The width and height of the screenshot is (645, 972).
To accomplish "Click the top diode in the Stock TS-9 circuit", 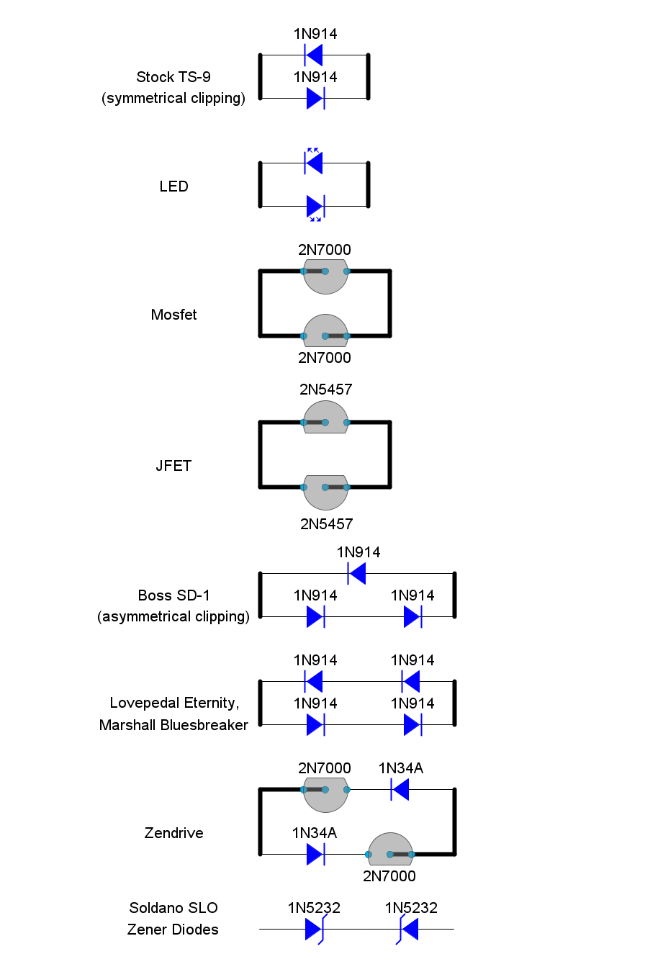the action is [314, 55].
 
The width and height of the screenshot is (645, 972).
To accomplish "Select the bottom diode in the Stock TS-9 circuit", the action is [315, 98].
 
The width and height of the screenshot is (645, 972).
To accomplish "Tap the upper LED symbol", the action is [314, 161].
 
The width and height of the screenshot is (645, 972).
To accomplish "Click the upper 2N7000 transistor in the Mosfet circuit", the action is [325, 276].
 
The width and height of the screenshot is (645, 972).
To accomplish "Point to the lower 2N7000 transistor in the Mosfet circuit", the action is [325, 330].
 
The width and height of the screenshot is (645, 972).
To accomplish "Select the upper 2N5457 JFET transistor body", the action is [325, 417].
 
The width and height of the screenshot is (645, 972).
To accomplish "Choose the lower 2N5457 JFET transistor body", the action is [325, 492].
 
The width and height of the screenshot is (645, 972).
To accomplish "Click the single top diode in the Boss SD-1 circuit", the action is [357, 573].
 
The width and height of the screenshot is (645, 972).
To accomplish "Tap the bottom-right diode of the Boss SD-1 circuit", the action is [412, 616].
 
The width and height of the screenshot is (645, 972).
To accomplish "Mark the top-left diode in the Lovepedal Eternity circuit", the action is [314, 681].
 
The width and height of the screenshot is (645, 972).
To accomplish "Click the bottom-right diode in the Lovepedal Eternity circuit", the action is [412, 724].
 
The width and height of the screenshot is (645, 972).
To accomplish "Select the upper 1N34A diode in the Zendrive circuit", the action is [400, 789].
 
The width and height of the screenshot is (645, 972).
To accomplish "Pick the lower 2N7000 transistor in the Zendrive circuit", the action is [390, 849].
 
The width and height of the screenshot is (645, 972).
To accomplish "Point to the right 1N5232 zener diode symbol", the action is [407, 930].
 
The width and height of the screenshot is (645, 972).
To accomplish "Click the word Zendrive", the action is [173, 833].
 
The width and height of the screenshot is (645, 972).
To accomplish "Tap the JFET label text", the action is [173, 466].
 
